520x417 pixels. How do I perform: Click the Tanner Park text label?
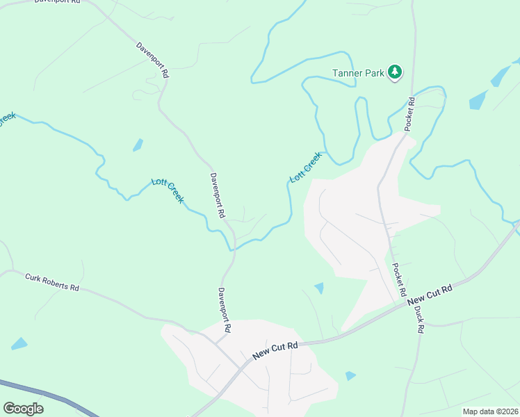[x=358, y=72]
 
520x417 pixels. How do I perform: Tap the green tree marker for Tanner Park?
[x=395, y=72]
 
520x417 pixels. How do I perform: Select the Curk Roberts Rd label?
[x=52, y=282]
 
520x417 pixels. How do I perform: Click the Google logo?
[x=23, y=408]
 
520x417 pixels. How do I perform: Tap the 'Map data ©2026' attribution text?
[x=489, y=411]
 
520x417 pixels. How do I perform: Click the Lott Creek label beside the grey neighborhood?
[x=305, y=167]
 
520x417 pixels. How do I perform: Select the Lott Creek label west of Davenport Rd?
[x=168, y=190]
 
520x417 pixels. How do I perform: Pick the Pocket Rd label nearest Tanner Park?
[x=410, y=114]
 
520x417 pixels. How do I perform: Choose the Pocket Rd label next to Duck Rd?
[x=399, y=281]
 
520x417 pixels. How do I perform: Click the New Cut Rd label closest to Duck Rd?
[x=430, y=294]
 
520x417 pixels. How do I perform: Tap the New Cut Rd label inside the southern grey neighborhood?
[x=275, y=350]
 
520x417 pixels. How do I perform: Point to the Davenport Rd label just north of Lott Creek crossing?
[x=218, y=196]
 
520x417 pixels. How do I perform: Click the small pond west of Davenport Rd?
[x=138, y=145]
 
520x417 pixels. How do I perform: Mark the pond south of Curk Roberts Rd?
[x=19, y=343]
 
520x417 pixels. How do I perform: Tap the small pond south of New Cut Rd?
[x=350, y=376]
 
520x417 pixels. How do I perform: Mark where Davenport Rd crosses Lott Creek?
[x=231, y=247]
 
